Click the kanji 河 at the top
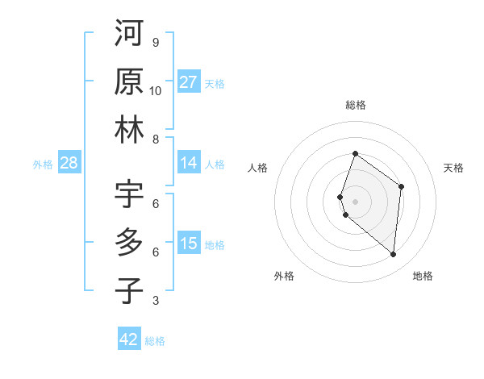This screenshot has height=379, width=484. pyautogui.click(x=129, y=34)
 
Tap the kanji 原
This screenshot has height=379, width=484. pyautogui.click(x=129, y=82)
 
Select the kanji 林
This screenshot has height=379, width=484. pyautogui.click(x=129, y=131)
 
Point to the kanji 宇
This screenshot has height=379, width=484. pyautogui.click(x=129, y=194)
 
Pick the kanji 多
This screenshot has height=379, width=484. pyautogui.click(x=129, y=243)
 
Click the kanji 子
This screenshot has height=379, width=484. pyautogui.click(x=129, y=291)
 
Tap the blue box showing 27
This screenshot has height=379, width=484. pyautogui.click(x=189, y=82)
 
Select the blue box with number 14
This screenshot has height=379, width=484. pyautogui.click(x=189, y=163)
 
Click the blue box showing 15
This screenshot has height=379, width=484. pyautogui.click(x=189, y=244)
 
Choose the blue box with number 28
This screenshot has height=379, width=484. pyautogui.click(x=69, y=163)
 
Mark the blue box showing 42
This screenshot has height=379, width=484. pyautogui.click(x=129, y=339)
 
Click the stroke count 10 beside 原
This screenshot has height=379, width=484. pyautogui.click(x=156, y=91)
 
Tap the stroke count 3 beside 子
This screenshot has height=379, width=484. pyautogui.click(x=156, y=301)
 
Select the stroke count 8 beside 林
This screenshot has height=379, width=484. pyautogui.click(x=156, y=140)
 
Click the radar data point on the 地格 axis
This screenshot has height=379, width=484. pyautogui.click(x=393, y=255)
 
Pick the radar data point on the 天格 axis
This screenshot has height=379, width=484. pyautogui.click(x=401, y=187)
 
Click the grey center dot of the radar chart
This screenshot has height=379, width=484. pyautogui.click(x=355, y=201)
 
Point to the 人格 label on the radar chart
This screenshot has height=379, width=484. pyautogui.click(x=258, y=168)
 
